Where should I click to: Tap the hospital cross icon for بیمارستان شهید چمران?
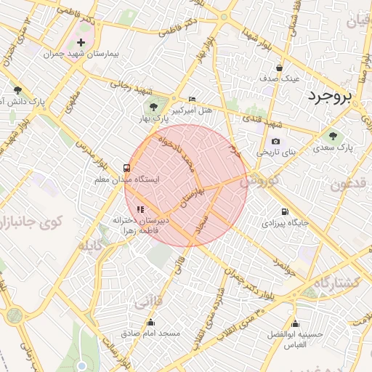pos(81,43)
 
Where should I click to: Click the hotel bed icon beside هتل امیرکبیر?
pos(192,99)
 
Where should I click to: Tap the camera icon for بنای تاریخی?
pos(275,141)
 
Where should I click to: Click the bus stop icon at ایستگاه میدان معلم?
pos(128,166)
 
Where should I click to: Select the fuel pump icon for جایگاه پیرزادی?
pos(284,211)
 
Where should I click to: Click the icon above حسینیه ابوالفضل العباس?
pos(294,323)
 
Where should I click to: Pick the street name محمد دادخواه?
pos(177,154)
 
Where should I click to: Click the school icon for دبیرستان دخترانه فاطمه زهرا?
pos(140,210)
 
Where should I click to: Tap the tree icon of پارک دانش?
pos(17,91)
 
